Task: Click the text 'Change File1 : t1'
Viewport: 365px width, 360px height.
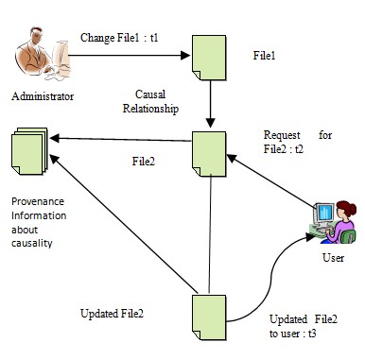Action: coord(118,37)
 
